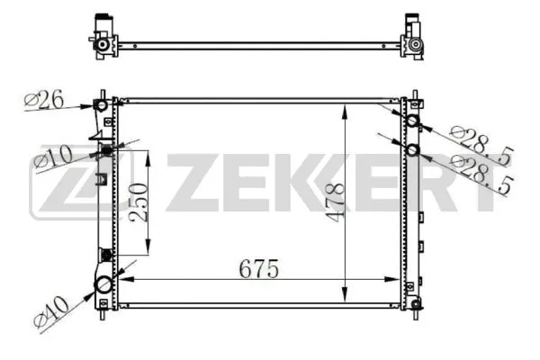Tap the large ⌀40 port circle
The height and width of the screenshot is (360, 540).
[103, 286]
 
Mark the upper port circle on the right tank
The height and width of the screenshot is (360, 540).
[412, 122]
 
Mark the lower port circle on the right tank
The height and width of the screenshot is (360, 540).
[412, 149]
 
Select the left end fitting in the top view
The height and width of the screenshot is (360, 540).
[103, 37]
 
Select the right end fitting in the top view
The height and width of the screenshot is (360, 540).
[415, 36]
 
